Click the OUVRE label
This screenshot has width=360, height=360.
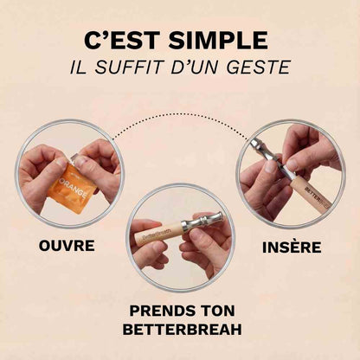[67, 246]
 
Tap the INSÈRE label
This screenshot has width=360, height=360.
[291, 247]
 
